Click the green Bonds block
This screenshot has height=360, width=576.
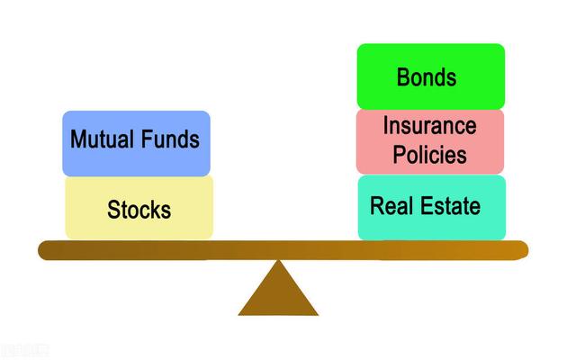[x=430, y=76]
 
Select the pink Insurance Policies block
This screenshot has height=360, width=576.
[x=430, y=140]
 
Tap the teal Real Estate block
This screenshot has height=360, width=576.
[x=431, y=207]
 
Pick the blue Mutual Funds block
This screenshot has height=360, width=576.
[x=136, y=142]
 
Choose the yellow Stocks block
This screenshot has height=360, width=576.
[x=139, y=208]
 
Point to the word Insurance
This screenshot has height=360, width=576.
[x=429, y=126]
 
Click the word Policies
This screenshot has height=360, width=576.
[x=430, y=154]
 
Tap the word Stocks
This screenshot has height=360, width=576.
[x=139, y=211]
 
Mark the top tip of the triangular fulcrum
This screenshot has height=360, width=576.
[x=278, y=262]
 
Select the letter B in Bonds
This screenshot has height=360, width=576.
[x=403, y=76]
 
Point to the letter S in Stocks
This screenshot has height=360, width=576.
[x=113, y=211]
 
